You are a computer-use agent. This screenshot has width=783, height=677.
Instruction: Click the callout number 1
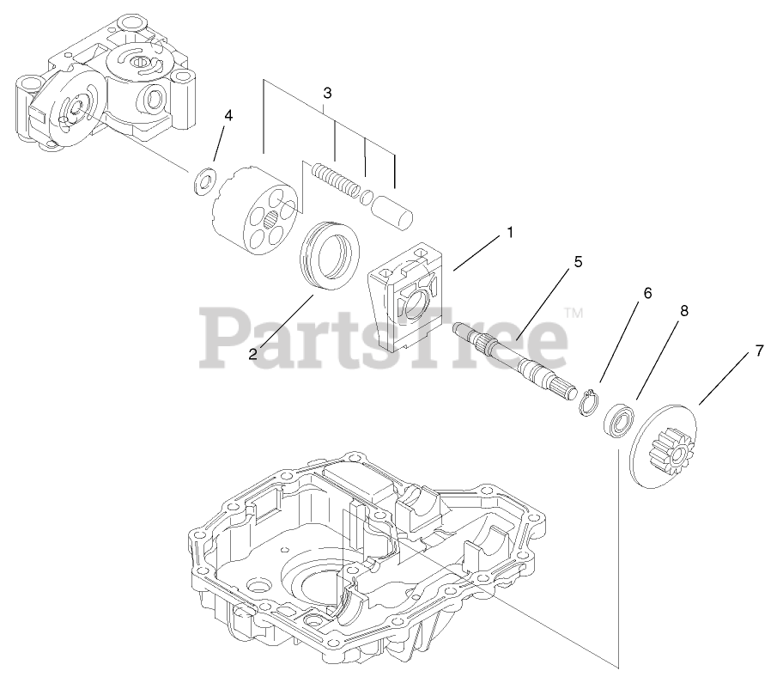[509, 233]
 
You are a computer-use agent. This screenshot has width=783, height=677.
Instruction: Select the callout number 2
[254, 353]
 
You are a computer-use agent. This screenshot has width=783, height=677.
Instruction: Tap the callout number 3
[327, 92]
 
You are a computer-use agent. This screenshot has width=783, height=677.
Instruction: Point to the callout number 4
[228, 115]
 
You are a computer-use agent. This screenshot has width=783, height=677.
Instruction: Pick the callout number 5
[578, 261]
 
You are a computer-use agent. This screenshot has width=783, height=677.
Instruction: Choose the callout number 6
[647, 293]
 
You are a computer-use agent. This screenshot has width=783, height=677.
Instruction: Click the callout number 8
[684, 310]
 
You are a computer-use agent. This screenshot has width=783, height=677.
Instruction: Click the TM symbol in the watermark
[574, 313]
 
